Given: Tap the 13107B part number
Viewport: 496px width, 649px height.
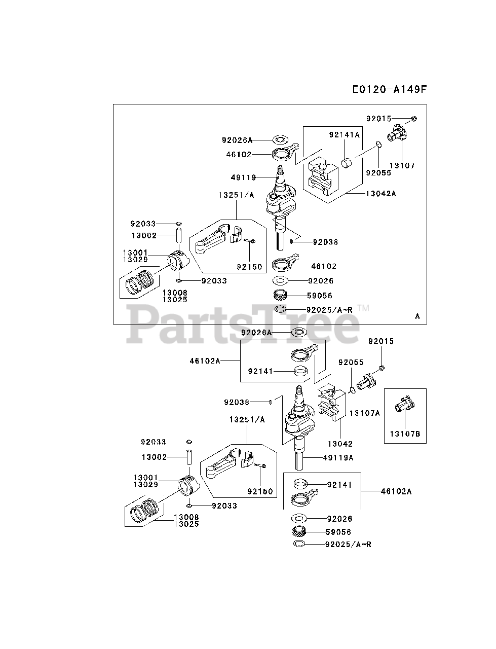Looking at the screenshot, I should tap(405, 433).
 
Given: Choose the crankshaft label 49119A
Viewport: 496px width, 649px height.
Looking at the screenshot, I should tap(338, 457).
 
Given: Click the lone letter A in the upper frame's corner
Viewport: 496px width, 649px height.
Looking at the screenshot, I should tap(417, 316).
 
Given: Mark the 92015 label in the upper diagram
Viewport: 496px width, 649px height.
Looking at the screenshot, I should tap(379, 119).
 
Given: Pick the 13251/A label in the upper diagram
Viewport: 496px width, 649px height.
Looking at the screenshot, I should tap(237, 195).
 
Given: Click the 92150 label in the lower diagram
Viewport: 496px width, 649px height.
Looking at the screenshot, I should tap(260, 491).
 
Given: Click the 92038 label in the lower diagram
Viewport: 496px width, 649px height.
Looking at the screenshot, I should tap(237, 402).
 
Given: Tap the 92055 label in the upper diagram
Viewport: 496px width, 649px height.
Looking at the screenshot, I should tap(378, 172).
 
